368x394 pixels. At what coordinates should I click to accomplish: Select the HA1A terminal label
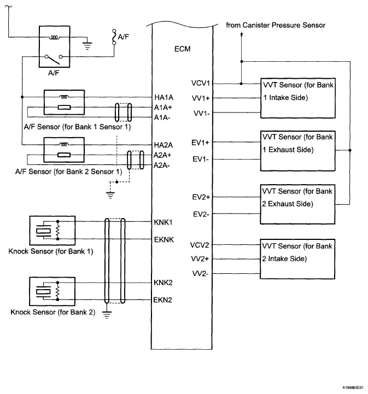[x=163, y=97]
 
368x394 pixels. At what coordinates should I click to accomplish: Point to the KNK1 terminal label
[x=163, y=222]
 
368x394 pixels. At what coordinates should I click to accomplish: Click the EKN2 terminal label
[x=163, y=299]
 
